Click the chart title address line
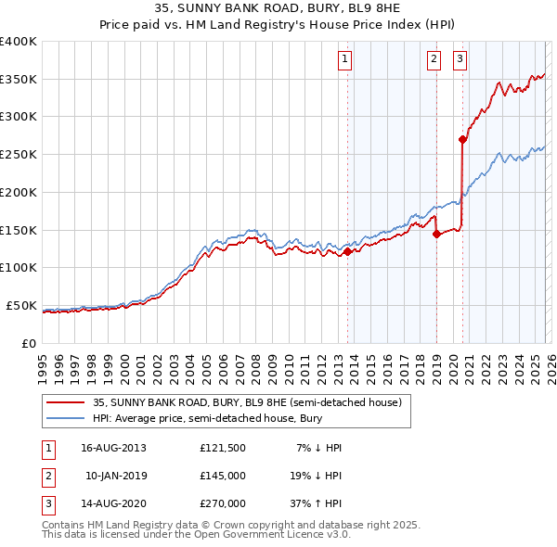278,10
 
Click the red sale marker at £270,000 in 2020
462,140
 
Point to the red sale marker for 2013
348,251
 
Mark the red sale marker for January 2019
436,234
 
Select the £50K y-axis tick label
21,305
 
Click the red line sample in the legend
66,402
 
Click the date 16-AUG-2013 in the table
114,448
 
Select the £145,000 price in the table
223,476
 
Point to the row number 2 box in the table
47,476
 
